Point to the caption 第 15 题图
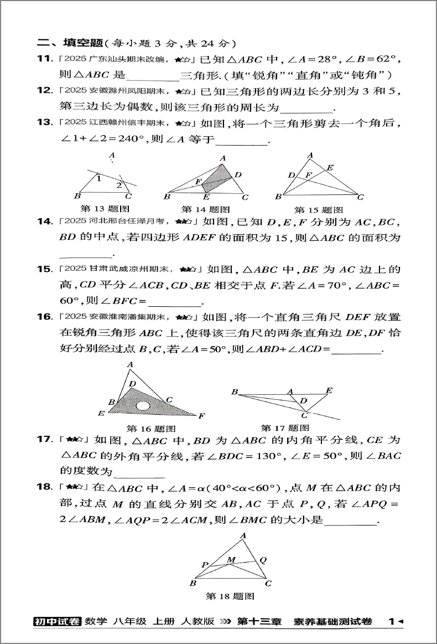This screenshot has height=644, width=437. click(318, 210)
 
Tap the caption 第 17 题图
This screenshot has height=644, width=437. click(285, 428)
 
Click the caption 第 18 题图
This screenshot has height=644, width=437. click(230, 596)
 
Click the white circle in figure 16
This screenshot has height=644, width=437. click(143, 406)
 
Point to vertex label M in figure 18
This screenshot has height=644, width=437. click(231, 560)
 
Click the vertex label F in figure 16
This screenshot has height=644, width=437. click(202, 415)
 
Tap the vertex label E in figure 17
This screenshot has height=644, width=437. click(329, 391)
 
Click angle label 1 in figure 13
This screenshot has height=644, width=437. click(98, 178)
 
